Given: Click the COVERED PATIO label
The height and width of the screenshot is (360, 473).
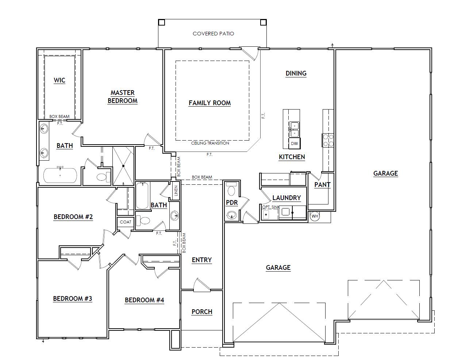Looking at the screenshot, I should (213, 34).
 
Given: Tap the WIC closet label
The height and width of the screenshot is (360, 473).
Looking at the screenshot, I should (59, 80).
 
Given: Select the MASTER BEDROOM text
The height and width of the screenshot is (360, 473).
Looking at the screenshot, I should (122, 97).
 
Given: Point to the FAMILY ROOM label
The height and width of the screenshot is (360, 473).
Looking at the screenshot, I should (209, 103).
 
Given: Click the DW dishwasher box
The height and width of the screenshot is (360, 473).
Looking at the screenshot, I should (294, 143).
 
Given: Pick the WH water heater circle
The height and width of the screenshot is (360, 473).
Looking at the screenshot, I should (314, 216).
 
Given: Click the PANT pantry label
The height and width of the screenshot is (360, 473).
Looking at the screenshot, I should (322, 185).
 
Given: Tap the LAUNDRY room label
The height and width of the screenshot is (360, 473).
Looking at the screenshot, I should (287, 198).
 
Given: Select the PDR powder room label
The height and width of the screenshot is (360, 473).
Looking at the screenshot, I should (232, 203).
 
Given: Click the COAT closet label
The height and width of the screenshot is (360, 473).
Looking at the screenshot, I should (125, 222).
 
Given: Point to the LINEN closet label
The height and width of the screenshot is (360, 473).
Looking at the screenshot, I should (176, 191).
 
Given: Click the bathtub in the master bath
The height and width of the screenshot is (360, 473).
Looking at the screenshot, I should (60, 175).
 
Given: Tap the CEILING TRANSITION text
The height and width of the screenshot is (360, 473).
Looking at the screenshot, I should (210, 143).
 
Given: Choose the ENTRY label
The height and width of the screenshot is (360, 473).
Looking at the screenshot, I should (201, 260).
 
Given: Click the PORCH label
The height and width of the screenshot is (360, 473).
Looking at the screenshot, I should (202, 312).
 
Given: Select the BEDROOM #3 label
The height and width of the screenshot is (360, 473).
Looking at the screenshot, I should (73, 299).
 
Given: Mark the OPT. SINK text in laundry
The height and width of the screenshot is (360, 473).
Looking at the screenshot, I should (270, 207).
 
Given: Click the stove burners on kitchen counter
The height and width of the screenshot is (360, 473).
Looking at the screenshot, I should (327, 140).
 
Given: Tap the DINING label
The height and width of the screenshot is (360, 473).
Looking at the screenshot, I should (296, 73).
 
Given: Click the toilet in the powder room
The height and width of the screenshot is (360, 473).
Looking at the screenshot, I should (231, 190).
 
